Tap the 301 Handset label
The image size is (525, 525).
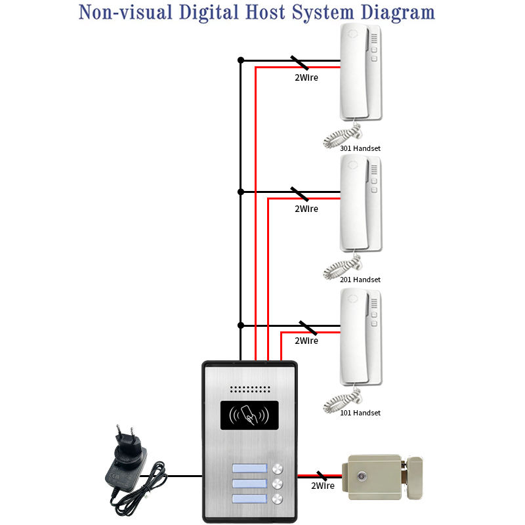360,148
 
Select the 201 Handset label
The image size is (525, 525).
360,280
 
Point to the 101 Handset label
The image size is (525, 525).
360,413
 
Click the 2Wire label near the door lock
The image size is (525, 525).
323,486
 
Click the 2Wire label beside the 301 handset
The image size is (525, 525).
306,77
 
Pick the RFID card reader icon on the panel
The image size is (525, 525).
249,416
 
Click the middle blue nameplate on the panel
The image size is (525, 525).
249,485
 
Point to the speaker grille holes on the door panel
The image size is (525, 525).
249,388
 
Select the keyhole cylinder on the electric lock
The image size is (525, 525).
361,474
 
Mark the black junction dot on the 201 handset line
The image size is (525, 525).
241,192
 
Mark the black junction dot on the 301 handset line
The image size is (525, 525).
241,60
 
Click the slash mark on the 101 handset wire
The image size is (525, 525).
307,327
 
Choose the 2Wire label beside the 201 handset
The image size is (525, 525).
306,209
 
